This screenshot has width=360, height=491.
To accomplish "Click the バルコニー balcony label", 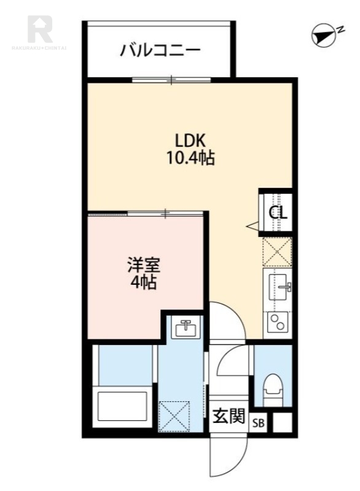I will (160, 49).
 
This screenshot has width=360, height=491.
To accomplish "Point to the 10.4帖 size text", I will (189, 158).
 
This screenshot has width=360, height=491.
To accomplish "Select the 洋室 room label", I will (144, 266).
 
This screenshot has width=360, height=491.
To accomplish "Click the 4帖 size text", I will (144, 283).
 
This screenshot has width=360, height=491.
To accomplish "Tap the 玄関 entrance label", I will (229, 416).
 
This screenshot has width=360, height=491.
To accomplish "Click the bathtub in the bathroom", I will (123, 404).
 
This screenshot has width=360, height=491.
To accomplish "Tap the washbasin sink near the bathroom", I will (185, 328).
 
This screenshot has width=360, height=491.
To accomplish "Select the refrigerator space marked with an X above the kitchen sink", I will (277, 252).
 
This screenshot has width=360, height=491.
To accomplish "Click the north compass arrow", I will (323, 35).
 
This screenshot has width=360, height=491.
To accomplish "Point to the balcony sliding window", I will (171, 79).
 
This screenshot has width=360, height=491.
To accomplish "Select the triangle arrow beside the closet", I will (252, 226).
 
